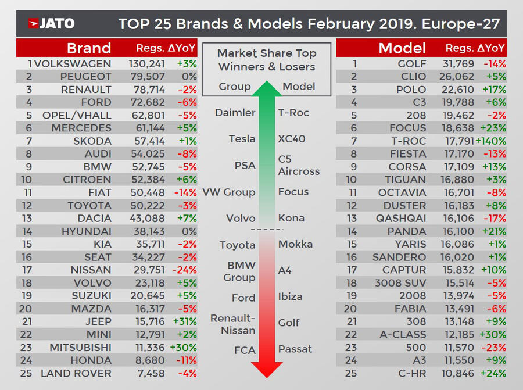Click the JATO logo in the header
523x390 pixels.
51,24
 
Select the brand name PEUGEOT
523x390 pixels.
86,77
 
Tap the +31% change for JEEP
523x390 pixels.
185,321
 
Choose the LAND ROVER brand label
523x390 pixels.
76,373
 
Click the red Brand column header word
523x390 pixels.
89,48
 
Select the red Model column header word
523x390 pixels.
402,48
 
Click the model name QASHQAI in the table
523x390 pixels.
400,219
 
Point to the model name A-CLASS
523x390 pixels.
400,334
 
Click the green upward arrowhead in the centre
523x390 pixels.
266,89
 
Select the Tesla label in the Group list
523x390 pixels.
242,139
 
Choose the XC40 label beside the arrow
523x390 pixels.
292,139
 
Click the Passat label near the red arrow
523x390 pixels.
295,349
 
